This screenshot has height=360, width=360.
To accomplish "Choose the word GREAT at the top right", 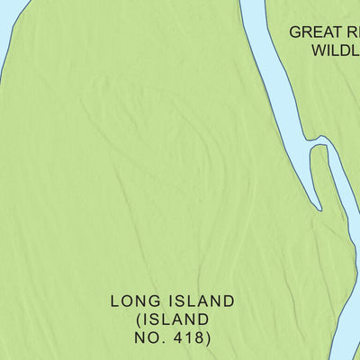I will click(312, 32).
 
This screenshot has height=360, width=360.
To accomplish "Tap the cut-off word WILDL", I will click(336, 50).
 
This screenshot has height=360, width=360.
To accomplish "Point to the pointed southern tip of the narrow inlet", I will click(319, 209).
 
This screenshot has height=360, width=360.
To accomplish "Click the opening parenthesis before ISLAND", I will click(139, 319).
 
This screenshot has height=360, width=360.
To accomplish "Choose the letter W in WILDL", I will click(320, 50).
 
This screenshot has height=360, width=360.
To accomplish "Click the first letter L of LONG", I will click(115, 301).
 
